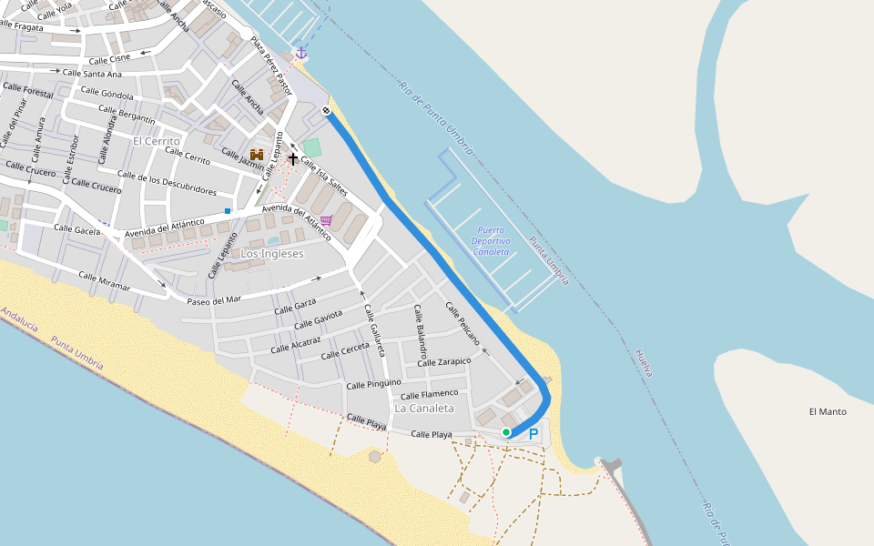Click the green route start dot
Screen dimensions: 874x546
506,432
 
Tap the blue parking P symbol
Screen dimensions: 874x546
534,435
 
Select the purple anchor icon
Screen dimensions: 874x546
300,53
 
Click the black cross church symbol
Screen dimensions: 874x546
292,158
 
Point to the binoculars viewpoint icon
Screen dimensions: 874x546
257,155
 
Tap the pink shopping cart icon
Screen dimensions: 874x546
326,220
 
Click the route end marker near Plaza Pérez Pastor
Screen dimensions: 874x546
326,111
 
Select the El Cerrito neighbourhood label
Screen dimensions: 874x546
157,141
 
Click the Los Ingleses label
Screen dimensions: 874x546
271,254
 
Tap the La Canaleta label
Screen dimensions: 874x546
424,409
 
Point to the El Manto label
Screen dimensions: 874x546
828,412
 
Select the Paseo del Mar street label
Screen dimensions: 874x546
214,299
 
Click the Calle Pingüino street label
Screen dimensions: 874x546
373,385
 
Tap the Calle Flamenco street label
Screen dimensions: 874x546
430,394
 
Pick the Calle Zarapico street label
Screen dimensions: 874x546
444,362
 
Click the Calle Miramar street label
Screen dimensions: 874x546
104,281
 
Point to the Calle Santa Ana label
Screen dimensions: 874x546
92,74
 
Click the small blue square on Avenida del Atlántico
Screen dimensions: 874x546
228,211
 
